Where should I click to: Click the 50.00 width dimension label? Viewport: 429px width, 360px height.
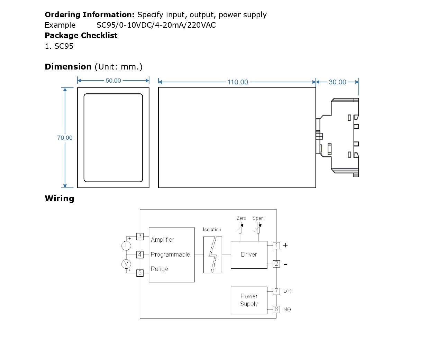tap(113, 81)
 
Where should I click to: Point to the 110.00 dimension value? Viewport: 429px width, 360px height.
tap(238, 82)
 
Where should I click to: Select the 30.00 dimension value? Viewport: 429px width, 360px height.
tap(337, 82)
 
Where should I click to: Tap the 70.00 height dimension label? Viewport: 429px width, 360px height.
tap(65, 138)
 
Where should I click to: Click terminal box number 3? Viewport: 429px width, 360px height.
tap(140, 237)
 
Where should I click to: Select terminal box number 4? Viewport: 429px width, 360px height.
tap(140, 255)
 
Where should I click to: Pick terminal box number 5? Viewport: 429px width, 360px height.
tap(140, 273)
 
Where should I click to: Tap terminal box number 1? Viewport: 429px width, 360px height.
tap(276, 246)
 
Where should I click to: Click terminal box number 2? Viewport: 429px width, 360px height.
tap(276, 264)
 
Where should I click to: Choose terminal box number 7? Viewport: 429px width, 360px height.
tap(276, 291)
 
